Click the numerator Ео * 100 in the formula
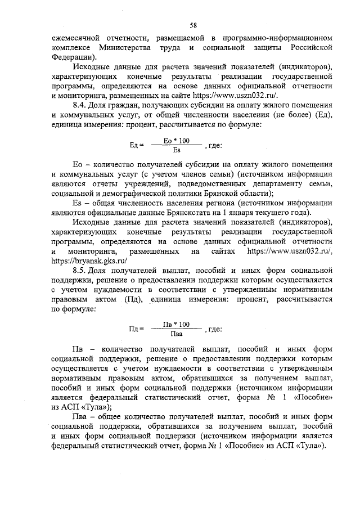point(175,140)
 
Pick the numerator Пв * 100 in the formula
point(176,324)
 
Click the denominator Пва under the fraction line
point(175,334)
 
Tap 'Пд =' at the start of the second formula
point(137,329)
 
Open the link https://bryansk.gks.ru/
point(89,260)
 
